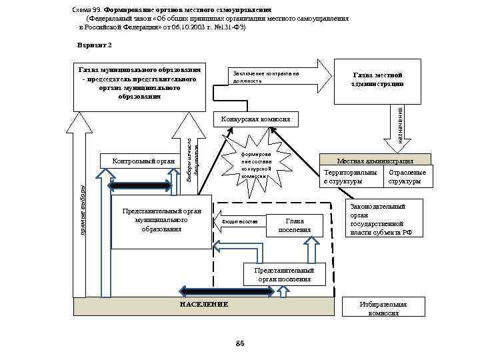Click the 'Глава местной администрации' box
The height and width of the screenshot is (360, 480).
point(377,81)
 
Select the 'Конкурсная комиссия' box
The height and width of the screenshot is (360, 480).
point(253,119)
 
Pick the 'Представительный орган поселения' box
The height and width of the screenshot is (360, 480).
point(285,275)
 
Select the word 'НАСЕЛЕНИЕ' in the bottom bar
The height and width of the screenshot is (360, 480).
point(204,304)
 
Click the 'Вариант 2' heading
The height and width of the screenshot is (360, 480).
point(95,44)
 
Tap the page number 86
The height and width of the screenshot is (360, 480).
point(241,343)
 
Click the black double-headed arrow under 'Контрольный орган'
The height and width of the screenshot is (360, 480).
point(142,185)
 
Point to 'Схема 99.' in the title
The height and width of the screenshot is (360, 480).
point(86,11)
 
